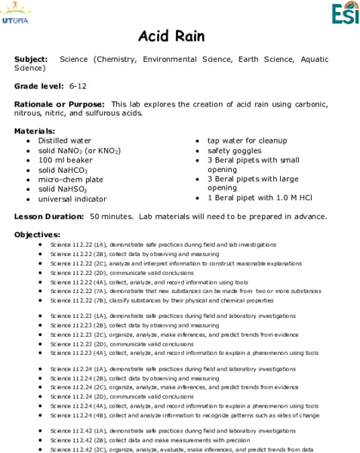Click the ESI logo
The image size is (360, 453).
pos(346,13)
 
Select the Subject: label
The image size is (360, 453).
pos(31,58)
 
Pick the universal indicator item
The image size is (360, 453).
pos(72,199)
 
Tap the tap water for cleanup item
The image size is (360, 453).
pos(247,140)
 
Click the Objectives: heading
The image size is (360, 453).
pos(37,235)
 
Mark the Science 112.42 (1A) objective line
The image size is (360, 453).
pos(173,430)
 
